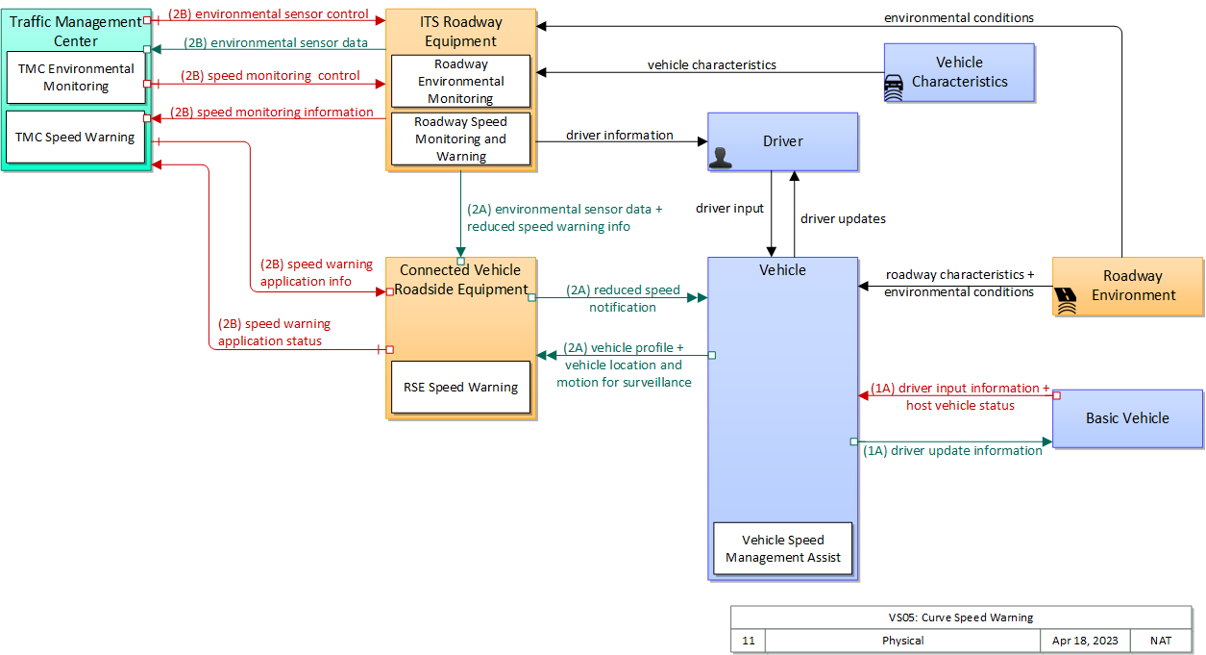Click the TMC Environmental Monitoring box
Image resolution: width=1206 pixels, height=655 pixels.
point(77,78)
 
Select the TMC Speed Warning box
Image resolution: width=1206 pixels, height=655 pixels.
point(76,138)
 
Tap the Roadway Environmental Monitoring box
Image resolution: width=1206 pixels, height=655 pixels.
point(461,82)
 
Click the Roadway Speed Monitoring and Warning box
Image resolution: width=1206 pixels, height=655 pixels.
point(461,139)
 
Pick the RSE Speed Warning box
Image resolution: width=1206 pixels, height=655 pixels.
point(461,388)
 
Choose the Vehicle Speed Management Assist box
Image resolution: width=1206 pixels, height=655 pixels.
point(783,549)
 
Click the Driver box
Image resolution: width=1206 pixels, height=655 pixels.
point(783,141)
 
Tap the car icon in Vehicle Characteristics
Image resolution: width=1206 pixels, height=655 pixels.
point(894,88)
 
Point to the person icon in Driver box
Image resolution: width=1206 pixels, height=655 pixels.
point(720,158)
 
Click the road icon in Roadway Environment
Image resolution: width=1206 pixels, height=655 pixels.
point(1065,302)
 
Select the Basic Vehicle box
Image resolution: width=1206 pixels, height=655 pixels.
point(1127,418)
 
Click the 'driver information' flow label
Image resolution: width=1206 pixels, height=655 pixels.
point(619,136)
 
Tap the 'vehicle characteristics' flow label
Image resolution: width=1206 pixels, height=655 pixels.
point(711,65)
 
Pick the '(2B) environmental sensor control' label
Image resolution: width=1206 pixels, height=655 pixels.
point(268,14)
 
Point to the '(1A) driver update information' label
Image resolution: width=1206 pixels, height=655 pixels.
point(952,450)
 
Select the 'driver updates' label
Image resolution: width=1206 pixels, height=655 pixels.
point(843,219)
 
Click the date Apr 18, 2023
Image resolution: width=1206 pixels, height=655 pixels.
point(1085,641)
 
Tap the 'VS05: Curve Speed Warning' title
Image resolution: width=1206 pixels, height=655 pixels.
point(961,617)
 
